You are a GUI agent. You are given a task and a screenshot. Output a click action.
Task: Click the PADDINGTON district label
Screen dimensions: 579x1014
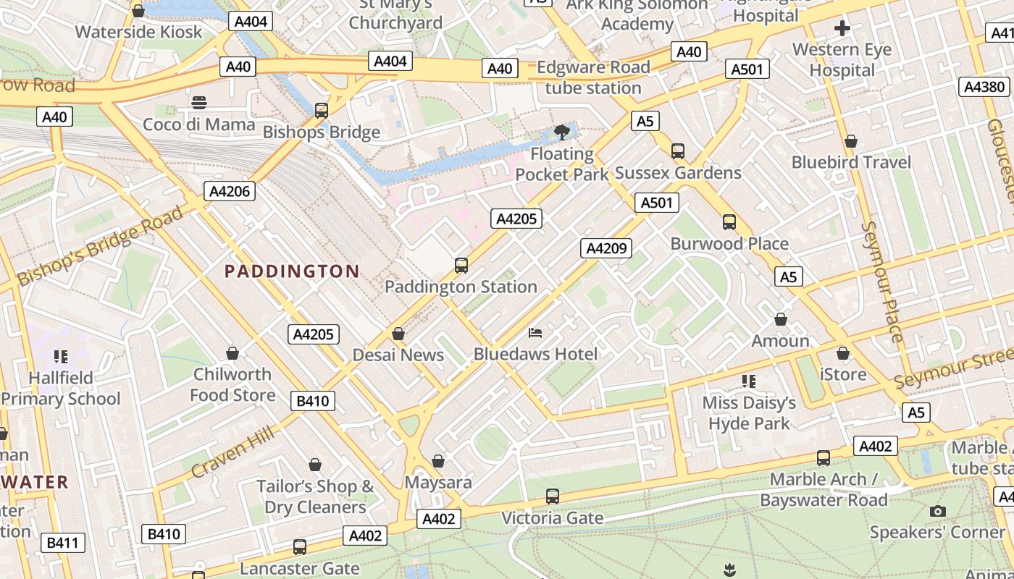click(291, 271)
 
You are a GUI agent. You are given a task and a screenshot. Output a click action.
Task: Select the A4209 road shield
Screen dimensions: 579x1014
click(606, 248)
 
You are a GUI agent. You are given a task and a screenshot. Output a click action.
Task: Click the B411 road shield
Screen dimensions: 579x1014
click(64, 543)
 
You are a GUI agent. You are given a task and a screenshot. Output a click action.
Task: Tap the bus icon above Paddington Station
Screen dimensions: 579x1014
click(461, 266)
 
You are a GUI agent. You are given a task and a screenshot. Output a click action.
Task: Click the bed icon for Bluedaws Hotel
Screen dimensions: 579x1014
click(535, 333)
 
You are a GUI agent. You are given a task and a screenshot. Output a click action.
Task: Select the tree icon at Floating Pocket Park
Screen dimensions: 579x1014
click(561, 132)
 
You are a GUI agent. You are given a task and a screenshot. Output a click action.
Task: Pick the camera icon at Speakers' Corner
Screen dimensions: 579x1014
click(938, 512)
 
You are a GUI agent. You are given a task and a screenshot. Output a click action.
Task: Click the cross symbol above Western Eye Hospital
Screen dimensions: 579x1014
click(842, 29)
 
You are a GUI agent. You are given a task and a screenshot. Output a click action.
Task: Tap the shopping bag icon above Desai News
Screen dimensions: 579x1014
click(398, 334)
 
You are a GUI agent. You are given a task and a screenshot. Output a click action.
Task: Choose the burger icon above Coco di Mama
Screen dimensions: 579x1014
click(199, 103)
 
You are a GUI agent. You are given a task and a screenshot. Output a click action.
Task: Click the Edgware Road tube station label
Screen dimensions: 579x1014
click(593, 77)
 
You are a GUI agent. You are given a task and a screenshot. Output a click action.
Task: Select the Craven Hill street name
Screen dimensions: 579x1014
click(232, 452)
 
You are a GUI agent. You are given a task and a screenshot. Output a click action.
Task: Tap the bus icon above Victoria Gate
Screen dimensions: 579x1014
click(553, 496)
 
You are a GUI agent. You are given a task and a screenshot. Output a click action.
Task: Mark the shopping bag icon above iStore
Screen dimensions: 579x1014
click(842, 353)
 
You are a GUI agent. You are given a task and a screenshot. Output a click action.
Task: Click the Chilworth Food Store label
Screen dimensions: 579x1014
click(232, 384)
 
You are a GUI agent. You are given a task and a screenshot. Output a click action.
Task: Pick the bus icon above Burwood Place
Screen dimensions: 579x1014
click(729, 222)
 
